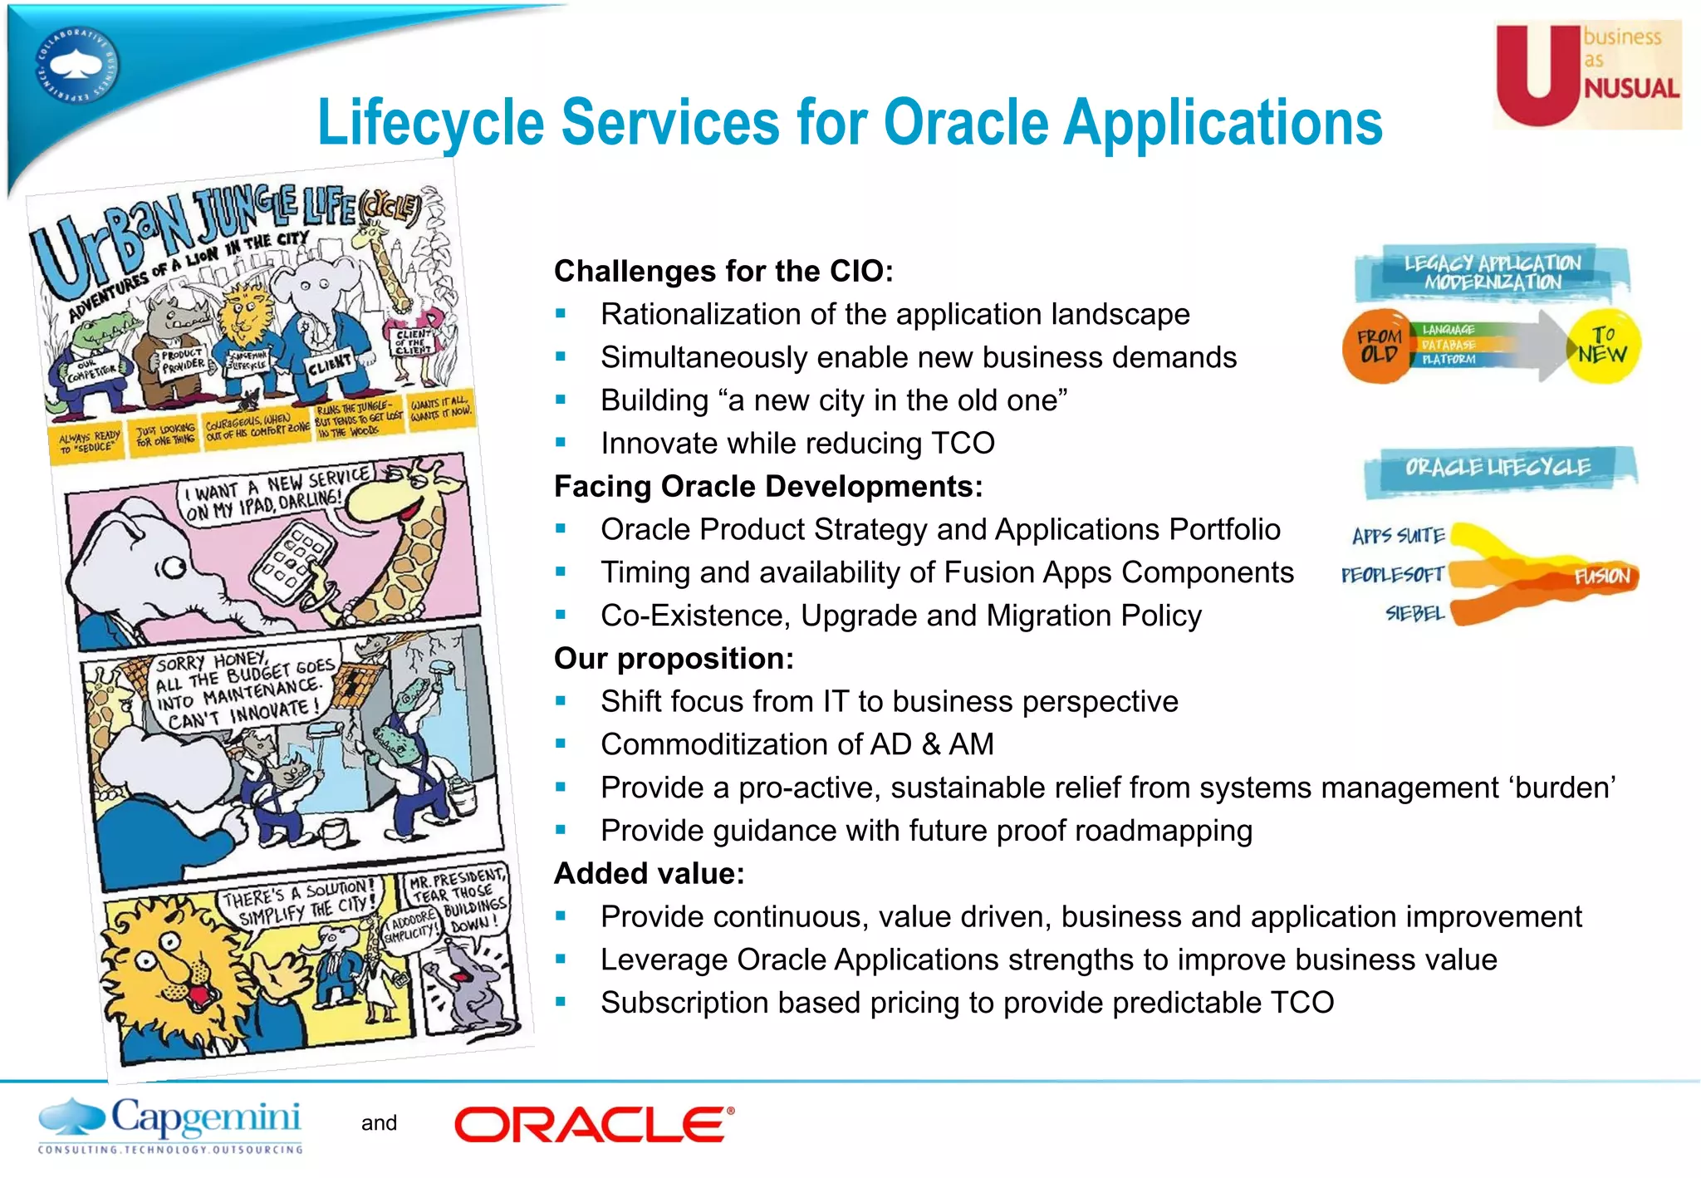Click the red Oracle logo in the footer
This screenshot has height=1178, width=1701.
tap(594, 1125)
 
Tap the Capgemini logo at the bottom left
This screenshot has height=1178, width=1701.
tap(170, 1125)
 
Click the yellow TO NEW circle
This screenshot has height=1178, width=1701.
tap(1602, 346)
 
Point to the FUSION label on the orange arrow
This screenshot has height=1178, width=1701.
tap(1601, 576)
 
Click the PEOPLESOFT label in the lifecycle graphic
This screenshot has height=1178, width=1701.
tap(1392, 575)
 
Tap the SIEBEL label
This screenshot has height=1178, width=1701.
tap(1414, 614)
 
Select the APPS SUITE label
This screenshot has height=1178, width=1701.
tap(1399, 536)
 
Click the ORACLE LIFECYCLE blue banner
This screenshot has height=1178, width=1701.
tap(1498, 468)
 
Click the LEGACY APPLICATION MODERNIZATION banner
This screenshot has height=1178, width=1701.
tap(1493, 272)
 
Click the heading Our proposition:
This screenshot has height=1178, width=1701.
tap(674, 658)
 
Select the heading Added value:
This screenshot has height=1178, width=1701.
tap(649, 873)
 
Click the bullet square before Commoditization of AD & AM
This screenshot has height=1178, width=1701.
tap(561, 744)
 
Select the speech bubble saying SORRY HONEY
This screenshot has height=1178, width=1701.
tap(243, 685)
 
